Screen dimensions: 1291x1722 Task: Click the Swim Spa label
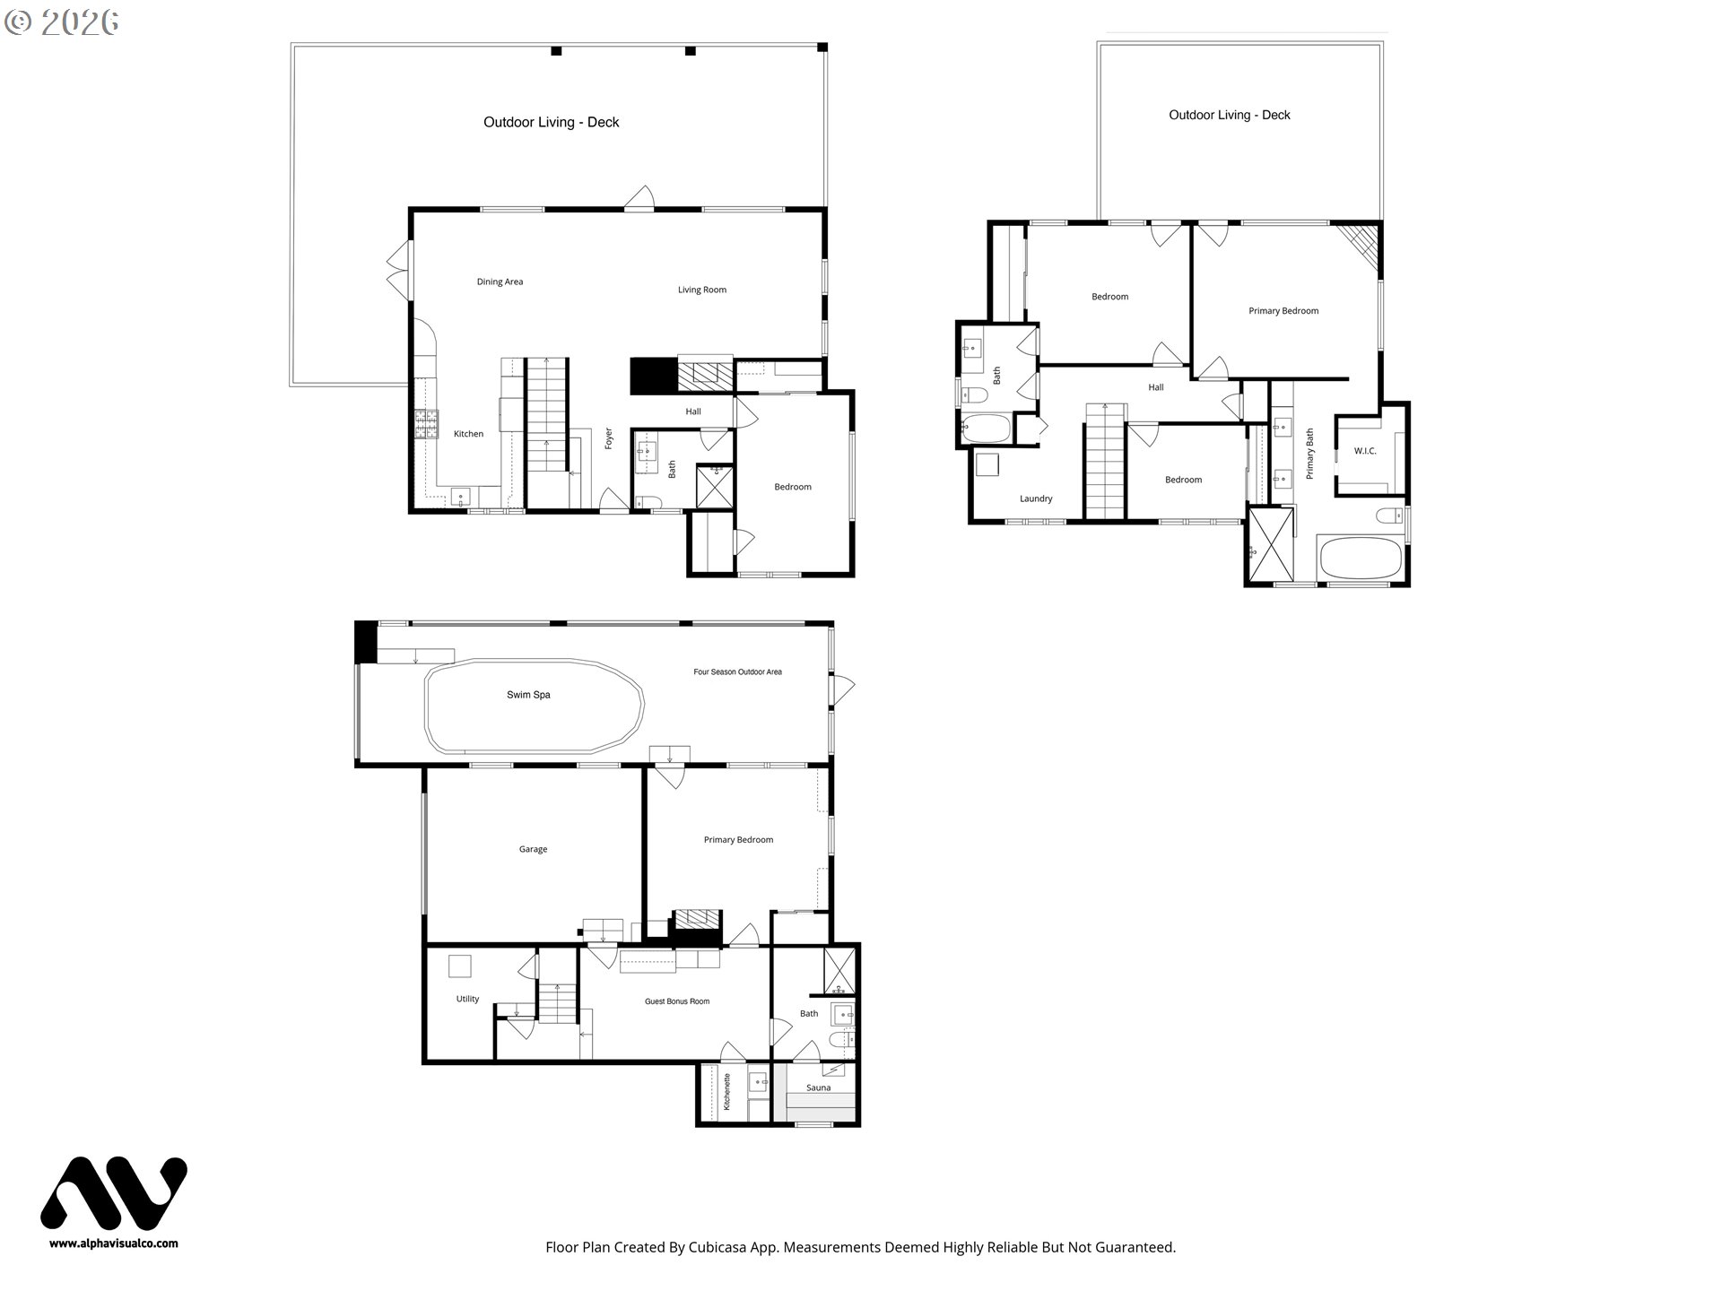[x=528, y=695]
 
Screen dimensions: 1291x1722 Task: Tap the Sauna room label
[x=818, y=1087]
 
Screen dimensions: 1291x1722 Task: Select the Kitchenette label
[x=727, y=1092]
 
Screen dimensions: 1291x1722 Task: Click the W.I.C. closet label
[x=1364, y=451]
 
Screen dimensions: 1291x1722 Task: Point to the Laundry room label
[x=1036, y=498]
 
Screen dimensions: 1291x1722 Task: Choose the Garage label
[x=533, y=849]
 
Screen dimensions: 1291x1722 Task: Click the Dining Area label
[x=500, y=282]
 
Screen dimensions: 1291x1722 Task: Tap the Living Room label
[x=701, y=290]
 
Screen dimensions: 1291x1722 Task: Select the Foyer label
[x=608, y=438]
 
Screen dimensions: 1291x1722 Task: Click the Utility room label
[x=467, y=999]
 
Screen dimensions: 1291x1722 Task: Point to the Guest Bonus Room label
[x=677, y=1001]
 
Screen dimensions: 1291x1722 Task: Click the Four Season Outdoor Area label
[x=737, y=671]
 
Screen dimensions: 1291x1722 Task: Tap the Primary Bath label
[x=1309, y=453]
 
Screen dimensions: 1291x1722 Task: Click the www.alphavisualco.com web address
[x=113, y=1243]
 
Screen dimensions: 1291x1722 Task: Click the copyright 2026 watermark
[x=61, y=22]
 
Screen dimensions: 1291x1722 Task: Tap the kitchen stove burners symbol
[x=426, y=423]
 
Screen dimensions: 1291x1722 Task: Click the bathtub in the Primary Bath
[x=1360, y=558]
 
